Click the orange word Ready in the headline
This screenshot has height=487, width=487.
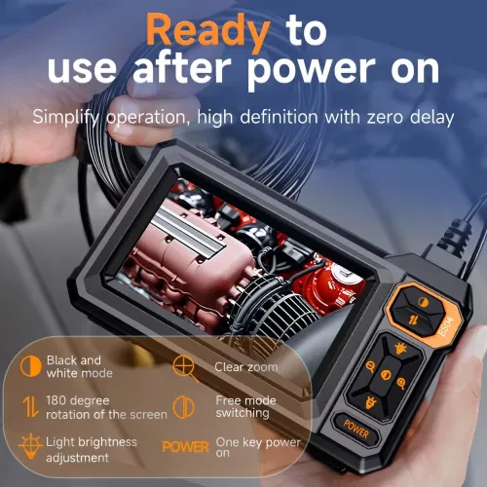pos(207,30)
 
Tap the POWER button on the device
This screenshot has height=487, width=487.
pos(355,424)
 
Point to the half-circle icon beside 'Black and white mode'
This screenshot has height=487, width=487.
pos(32,365)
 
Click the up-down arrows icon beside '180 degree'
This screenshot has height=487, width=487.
pos(31,406)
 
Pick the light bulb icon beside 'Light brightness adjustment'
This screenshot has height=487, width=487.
pos(31,446)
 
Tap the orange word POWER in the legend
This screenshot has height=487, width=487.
pos(185,447)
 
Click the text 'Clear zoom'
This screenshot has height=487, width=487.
pos(245,367)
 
